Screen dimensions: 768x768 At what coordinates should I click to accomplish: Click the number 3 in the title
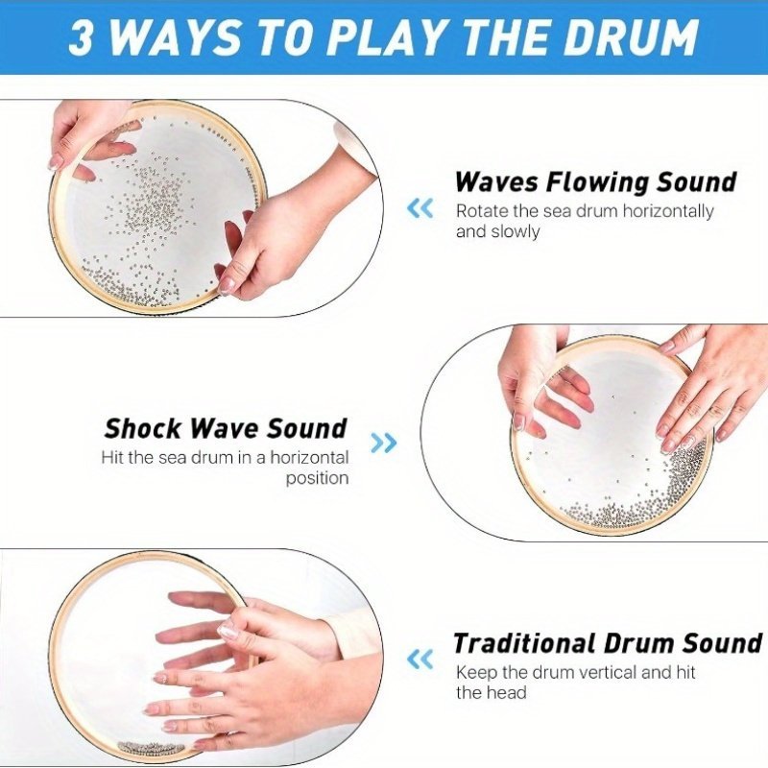coord(81,37)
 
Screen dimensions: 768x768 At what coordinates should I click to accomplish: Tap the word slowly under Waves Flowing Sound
coord(515,231)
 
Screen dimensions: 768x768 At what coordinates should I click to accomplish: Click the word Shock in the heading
coord(142,428)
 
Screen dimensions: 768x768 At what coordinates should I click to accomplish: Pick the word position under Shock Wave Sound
coord(317,478)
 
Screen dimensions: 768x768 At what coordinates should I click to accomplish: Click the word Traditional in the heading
coord(523,643)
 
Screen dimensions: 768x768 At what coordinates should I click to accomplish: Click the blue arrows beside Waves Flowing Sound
coord(420,208)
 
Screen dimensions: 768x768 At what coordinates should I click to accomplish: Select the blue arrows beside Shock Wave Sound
coord(383,443)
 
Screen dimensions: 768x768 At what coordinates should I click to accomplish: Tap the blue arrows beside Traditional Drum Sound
coord(420,660)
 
